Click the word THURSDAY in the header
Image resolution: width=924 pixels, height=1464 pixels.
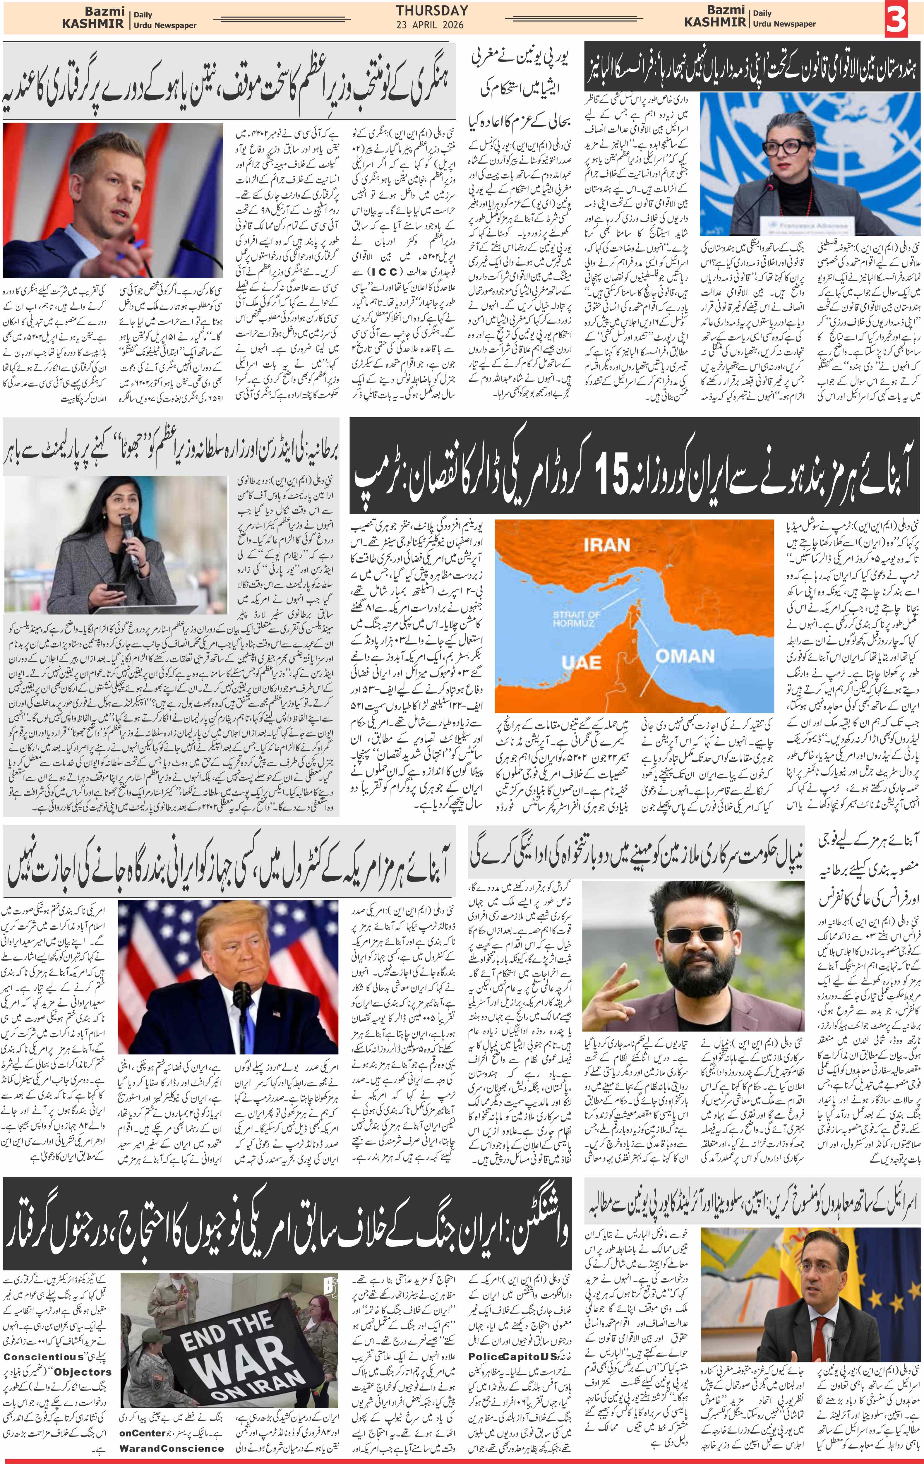pyautogui.click(x=432, y=10)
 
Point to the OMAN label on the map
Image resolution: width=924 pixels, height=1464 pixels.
pyautogui.click(x=685, y=656)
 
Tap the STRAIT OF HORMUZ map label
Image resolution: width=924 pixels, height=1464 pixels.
pyautogui.click(x=576, y=618)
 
